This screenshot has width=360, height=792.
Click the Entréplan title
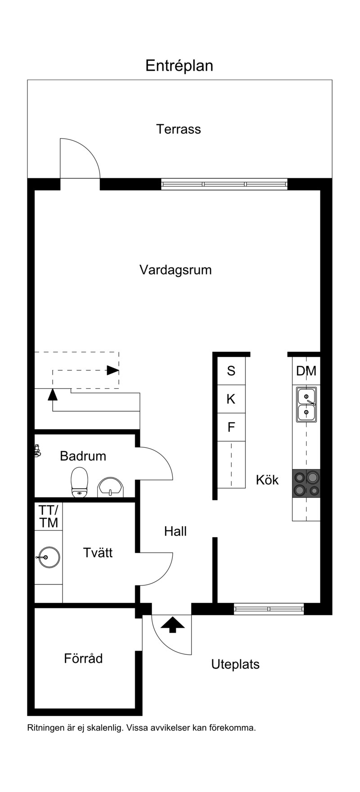click(x=179, y=66)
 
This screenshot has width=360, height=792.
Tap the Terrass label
click(x=179, y=129)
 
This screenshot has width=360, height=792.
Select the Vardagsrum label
click(x=175, y=270)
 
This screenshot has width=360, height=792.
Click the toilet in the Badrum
click(x=80, y=482)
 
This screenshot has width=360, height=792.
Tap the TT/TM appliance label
click(x=49, y=516)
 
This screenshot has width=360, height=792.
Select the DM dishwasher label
click(x=306, y=371)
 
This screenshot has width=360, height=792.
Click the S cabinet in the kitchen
click(x=231, y=371)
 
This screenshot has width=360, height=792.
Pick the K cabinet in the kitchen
click(x=231, y=399)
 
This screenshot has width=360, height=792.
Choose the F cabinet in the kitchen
click(x=231, y=427)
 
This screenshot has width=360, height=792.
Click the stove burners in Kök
click(x=306, y=483)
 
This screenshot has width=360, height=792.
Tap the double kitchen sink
click(x=306, y=405)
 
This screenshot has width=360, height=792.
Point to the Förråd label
click(x=83, y=658)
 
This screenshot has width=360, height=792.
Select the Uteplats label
click(x=235, y=664)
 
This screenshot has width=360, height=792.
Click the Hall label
click(x=175, y=531)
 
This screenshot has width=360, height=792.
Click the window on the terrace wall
click(x=224, y=184)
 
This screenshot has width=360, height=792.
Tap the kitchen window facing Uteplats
click(x=269, y=609)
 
